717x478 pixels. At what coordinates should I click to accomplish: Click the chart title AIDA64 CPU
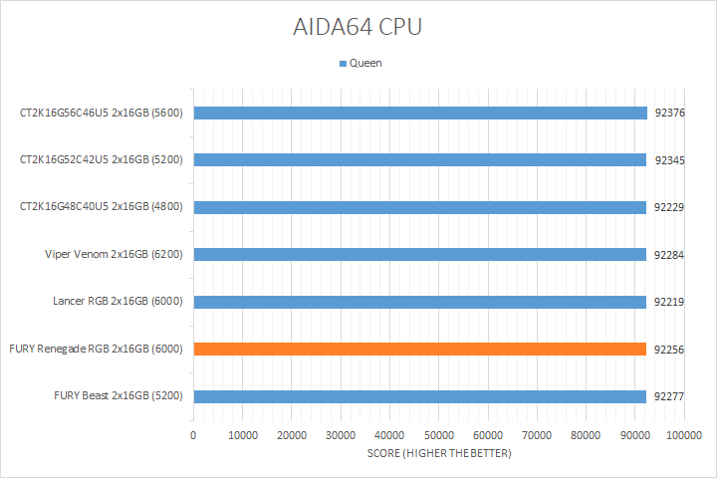358,27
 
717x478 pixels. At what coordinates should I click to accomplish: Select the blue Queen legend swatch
344,64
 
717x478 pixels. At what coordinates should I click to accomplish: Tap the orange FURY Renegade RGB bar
419,349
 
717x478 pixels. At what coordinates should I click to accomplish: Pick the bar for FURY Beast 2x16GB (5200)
419,396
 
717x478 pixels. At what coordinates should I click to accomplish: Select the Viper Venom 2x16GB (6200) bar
419,254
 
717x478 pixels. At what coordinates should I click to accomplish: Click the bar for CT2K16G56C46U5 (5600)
419,113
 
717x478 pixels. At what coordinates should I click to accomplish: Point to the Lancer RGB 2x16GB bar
419,301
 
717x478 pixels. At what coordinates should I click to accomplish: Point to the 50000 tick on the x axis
439,436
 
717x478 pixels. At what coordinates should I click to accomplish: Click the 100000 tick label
684,436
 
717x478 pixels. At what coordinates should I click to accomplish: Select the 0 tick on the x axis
193,436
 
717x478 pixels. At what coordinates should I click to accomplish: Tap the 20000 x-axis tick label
292,436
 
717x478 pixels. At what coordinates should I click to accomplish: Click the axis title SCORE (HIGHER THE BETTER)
438,454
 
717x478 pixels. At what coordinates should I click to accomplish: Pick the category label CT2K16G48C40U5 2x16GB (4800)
102,206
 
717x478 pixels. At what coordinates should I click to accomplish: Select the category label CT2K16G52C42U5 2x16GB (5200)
102,159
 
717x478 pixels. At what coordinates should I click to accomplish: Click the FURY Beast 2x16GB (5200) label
119,396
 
